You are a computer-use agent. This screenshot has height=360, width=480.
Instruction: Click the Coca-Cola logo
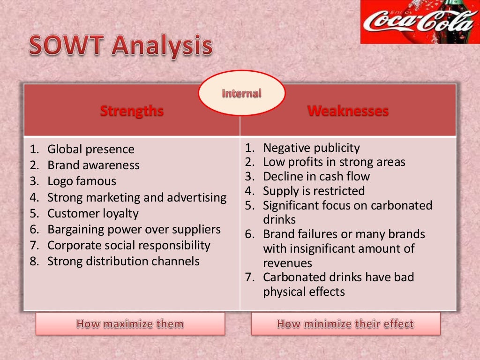[420, 22]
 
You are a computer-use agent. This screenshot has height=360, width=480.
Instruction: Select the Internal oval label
[241, 93]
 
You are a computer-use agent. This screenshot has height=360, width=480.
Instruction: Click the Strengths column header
[132, 111]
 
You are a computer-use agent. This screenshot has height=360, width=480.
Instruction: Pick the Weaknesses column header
[348, 111]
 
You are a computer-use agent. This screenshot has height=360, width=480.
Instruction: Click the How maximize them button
[130, 323]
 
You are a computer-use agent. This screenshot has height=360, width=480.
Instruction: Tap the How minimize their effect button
[345, 323]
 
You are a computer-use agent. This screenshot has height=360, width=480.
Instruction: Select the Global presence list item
[90, 149]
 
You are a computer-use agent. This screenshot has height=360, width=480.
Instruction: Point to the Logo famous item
[82, 181]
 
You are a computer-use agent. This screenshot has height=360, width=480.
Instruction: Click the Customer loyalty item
[93, 213]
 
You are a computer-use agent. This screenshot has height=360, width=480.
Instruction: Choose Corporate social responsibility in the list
[128, 245]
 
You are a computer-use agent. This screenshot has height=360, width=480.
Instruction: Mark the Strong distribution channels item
[123, 261]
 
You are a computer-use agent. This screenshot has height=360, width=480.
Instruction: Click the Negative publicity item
[311, 148]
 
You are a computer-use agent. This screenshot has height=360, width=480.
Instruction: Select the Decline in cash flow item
[316, 176]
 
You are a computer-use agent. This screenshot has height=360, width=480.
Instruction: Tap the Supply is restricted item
[314, 191]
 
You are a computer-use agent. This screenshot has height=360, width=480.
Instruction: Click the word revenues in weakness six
[287, 263]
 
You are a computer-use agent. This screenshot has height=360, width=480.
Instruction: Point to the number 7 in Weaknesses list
[249, 277]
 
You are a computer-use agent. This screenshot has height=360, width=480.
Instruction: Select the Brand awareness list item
[93, 165]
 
